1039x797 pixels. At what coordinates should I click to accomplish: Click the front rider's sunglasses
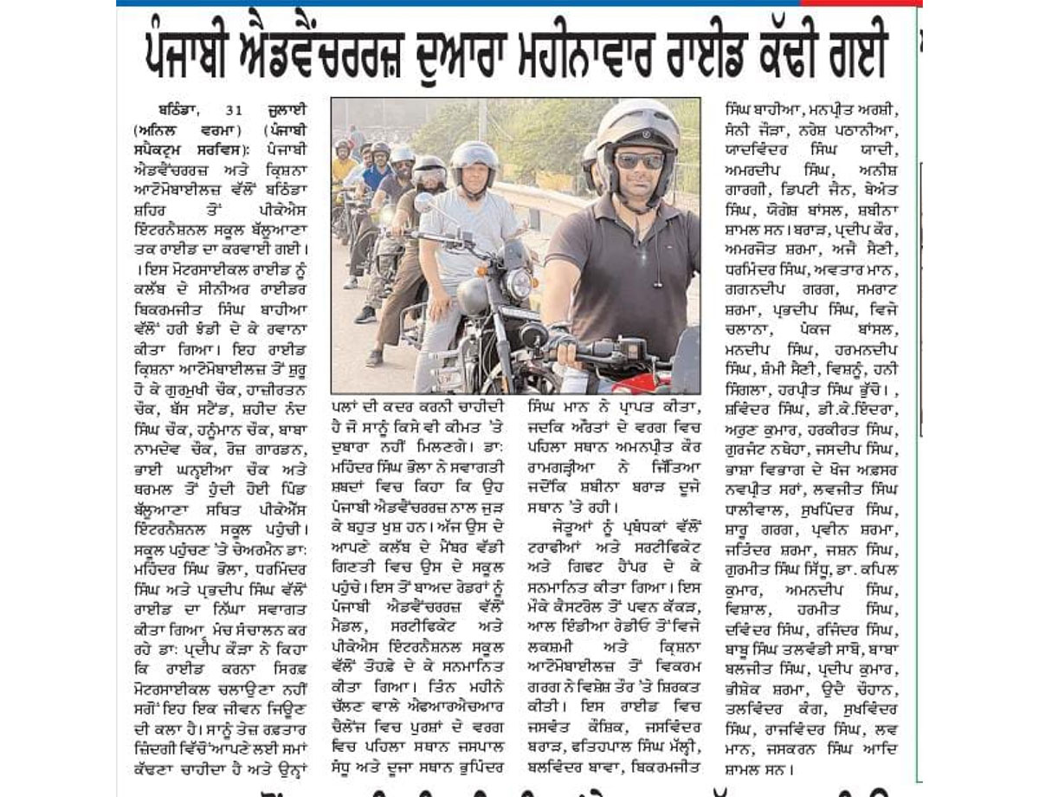[639, 160]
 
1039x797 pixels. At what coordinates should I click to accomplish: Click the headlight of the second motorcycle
[518, 283]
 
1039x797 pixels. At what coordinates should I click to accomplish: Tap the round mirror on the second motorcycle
[424, 202]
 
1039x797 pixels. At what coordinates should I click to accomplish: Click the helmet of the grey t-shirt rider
[474, 158]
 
